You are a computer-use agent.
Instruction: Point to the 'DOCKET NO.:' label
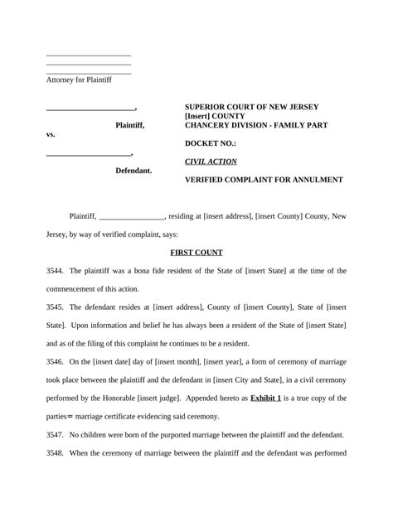pos(210,143)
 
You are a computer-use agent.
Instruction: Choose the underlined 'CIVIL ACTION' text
pos(211,162)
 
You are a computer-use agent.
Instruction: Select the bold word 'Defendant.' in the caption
pos(133,171)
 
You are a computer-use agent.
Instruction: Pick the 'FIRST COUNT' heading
pos(196,252)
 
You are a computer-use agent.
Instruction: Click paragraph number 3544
pos(56,271)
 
